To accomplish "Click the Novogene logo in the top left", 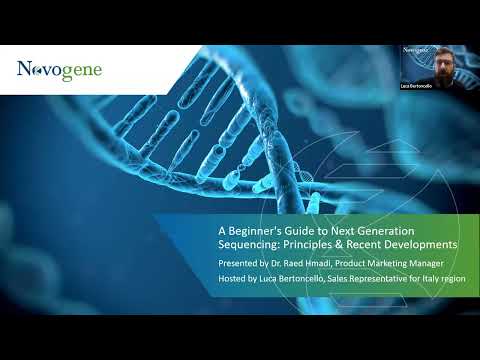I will [59, 71].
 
